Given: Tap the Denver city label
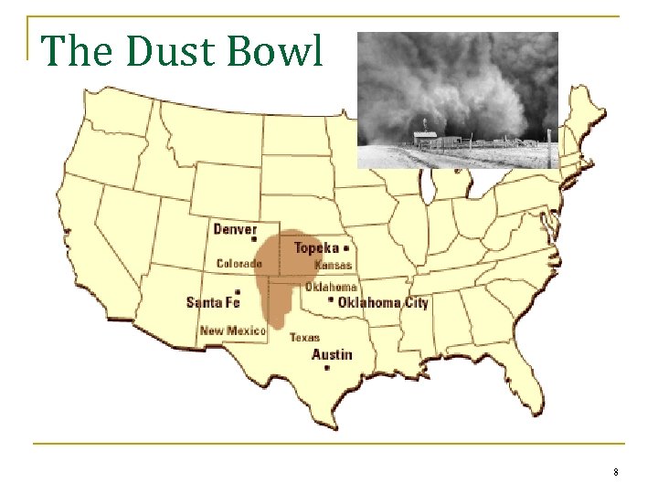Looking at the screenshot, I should coord(235,228).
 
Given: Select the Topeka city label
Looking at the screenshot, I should coord(316,247).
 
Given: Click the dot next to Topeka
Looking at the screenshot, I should coord(346,247).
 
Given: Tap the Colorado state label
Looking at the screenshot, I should coord(239,264).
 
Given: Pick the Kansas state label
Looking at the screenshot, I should coord(333,265).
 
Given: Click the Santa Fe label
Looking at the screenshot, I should coord(213,302).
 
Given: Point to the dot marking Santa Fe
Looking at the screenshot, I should coord(237,292).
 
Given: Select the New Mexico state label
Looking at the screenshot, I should coord(232,330).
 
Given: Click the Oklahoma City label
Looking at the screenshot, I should coord(383,302).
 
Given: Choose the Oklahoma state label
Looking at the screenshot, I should coord(331,287).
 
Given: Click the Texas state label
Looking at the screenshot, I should coord(304,337).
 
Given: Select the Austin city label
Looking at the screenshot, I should coord(331,354).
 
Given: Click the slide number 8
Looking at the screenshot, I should coord(616,472).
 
